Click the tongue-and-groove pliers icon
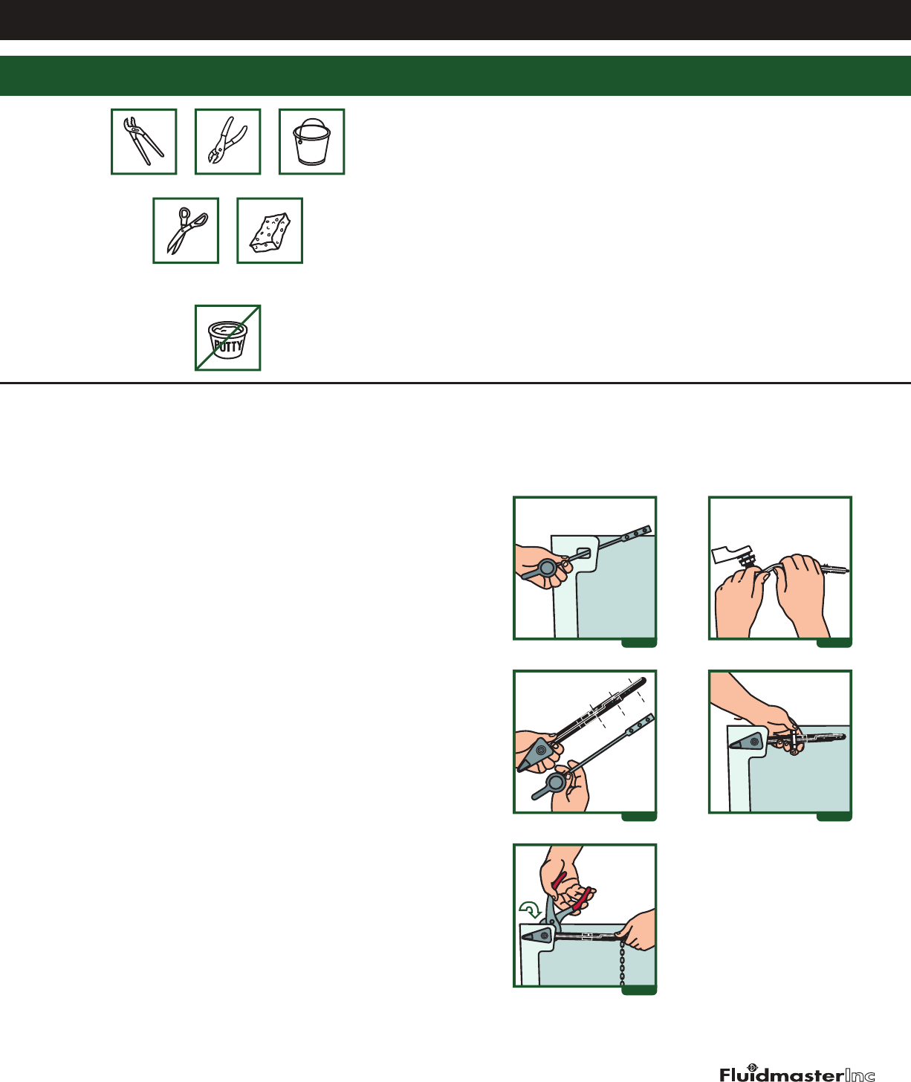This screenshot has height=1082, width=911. pyautogui.click(x=143, y=141)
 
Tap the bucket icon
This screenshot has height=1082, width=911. pyautogui.click(x=311, y=142)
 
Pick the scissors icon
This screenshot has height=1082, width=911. pyautogui.click(x=187, y=230)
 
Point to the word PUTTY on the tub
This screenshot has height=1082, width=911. pyautogui.click(x=229, y=346)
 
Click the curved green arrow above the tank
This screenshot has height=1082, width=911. pyautogui.click(x=530, y=909)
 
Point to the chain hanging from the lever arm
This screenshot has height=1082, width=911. pyautogui.click(x=623, y=962)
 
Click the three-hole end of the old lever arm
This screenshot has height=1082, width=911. pyautogui.click(x=637, y=534)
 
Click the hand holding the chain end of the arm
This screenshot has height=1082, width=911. pyautogui.click(x=638, y=930)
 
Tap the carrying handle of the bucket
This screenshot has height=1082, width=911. pyautogui.click(x=312, y=126)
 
